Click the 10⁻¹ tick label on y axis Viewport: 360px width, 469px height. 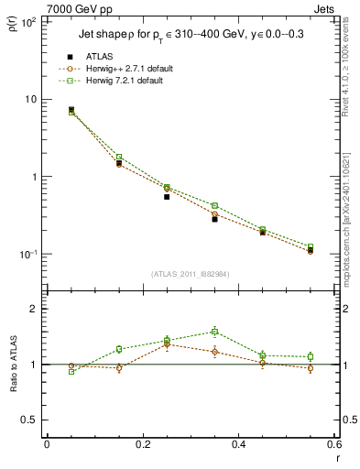click(27, 254)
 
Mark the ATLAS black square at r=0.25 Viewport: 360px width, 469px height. click(167, 196)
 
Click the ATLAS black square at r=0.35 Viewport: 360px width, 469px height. click(214, 219)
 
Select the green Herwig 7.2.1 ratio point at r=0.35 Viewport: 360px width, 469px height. click(214, 332)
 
